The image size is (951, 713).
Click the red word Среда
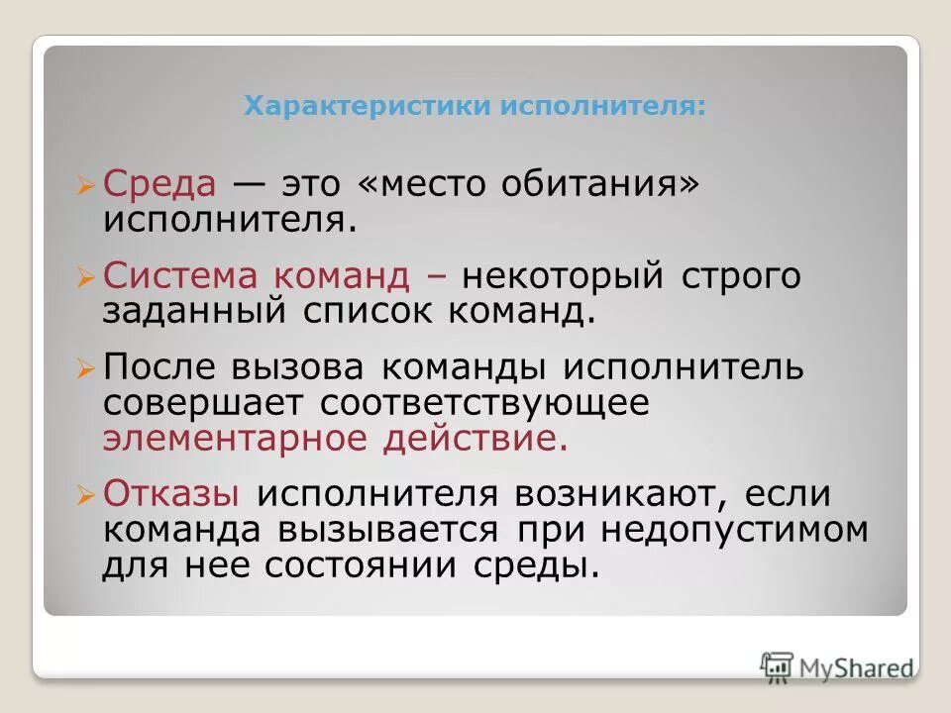point(159,184)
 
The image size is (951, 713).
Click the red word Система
point(174,277)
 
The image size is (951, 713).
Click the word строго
point(740,277)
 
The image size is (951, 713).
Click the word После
point(159,368)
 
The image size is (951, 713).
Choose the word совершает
point(202,403)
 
